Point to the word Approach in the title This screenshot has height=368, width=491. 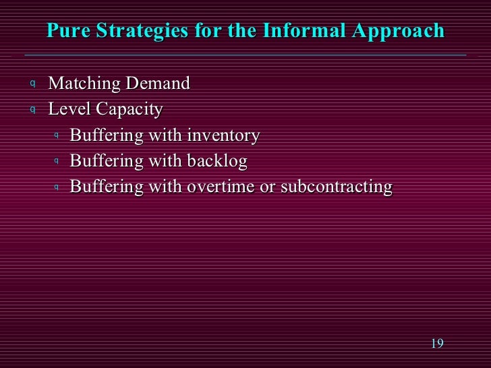404,31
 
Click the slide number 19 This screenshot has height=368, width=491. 436,344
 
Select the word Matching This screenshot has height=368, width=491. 81,84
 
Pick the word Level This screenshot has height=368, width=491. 65,109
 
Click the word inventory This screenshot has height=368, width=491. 223,135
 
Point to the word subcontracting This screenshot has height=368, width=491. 336,187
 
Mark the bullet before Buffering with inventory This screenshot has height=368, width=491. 57,135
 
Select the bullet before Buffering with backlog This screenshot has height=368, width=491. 57,161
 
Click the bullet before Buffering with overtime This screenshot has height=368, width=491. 57,187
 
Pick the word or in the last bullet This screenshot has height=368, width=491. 267,187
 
